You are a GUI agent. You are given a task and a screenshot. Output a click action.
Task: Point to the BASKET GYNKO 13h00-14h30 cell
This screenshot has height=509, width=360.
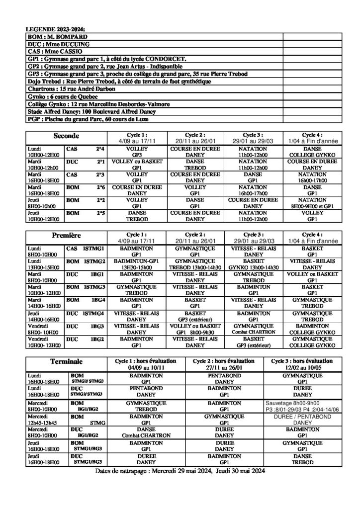click(253, 263)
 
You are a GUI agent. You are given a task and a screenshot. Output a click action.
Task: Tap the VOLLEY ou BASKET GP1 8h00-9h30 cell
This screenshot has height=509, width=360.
click(195, 328)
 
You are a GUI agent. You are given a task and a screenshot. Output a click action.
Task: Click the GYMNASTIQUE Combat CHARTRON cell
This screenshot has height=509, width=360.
click(253, 328)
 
